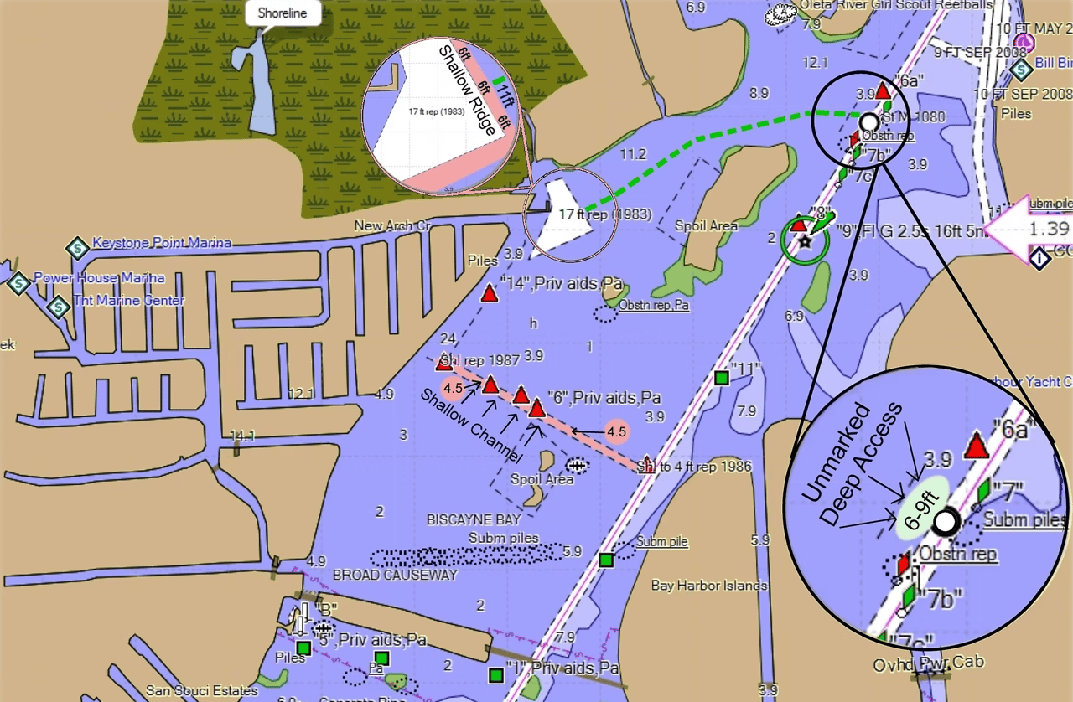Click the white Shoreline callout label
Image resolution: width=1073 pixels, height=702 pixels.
[x=282, y=14]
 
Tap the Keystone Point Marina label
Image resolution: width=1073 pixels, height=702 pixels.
[x=161, y=243]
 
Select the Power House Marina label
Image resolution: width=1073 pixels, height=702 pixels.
[x=99, y=278]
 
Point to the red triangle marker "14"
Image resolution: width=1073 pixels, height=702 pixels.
[x=490, y=293]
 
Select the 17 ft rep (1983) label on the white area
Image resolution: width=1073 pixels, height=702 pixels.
[x=605, y=214]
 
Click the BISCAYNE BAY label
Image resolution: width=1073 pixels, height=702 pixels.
[x=474, y=519]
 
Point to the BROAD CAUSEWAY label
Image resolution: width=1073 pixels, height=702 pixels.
[x=395, y=576]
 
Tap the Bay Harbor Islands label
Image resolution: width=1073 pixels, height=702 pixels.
[x=708, y=586]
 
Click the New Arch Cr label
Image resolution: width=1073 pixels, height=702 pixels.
[x=392, y=225]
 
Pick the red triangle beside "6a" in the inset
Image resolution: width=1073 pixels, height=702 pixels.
[x=975, y=446]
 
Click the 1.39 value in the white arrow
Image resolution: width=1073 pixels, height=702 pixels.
[x=1048, y=229]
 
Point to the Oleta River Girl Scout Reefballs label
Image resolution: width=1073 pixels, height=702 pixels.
[x=895, y=4]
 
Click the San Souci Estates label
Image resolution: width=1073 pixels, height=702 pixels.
[x=201, y=691]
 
